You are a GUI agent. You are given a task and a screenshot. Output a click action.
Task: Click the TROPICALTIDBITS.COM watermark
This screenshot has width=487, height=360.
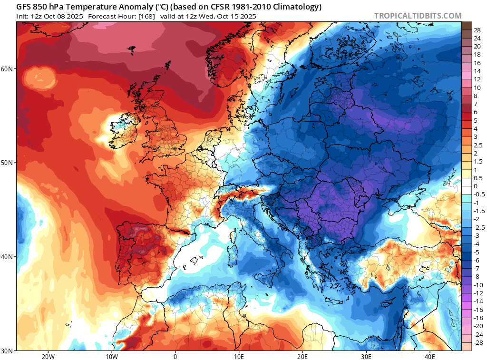418,16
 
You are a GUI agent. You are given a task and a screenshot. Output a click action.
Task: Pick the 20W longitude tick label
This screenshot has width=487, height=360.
48,356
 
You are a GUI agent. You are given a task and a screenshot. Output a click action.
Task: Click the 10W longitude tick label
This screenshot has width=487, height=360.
112,356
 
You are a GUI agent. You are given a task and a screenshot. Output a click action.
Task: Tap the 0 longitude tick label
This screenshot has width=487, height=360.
175,356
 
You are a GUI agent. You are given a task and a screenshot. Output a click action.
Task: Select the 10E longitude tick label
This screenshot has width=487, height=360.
239,356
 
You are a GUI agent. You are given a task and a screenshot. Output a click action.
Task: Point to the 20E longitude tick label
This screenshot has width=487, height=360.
302,356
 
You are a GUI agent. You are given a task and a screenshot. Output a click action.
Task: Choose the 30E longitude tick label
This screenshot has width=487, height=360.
366,356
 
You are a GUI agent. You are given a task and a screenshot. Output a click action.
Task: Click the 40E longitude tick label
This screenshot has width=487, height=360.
429,356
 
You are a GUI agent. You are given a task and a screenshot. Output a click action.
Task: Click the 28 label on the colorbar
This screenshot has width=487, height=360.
477,30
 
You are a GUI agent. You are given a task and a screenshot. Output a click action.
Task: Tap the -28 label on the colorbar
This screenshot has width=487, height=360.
478,342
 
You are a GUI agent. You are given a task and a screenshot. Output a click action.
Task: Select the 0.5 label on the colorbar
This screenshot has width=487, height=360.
478,178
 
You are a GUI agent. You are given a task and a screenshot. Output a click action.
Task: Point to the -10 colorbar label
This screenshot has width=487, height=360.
478,284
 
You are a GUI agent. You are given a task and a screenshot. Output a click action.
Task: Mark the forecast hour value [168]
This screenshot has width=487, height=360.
143,16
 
